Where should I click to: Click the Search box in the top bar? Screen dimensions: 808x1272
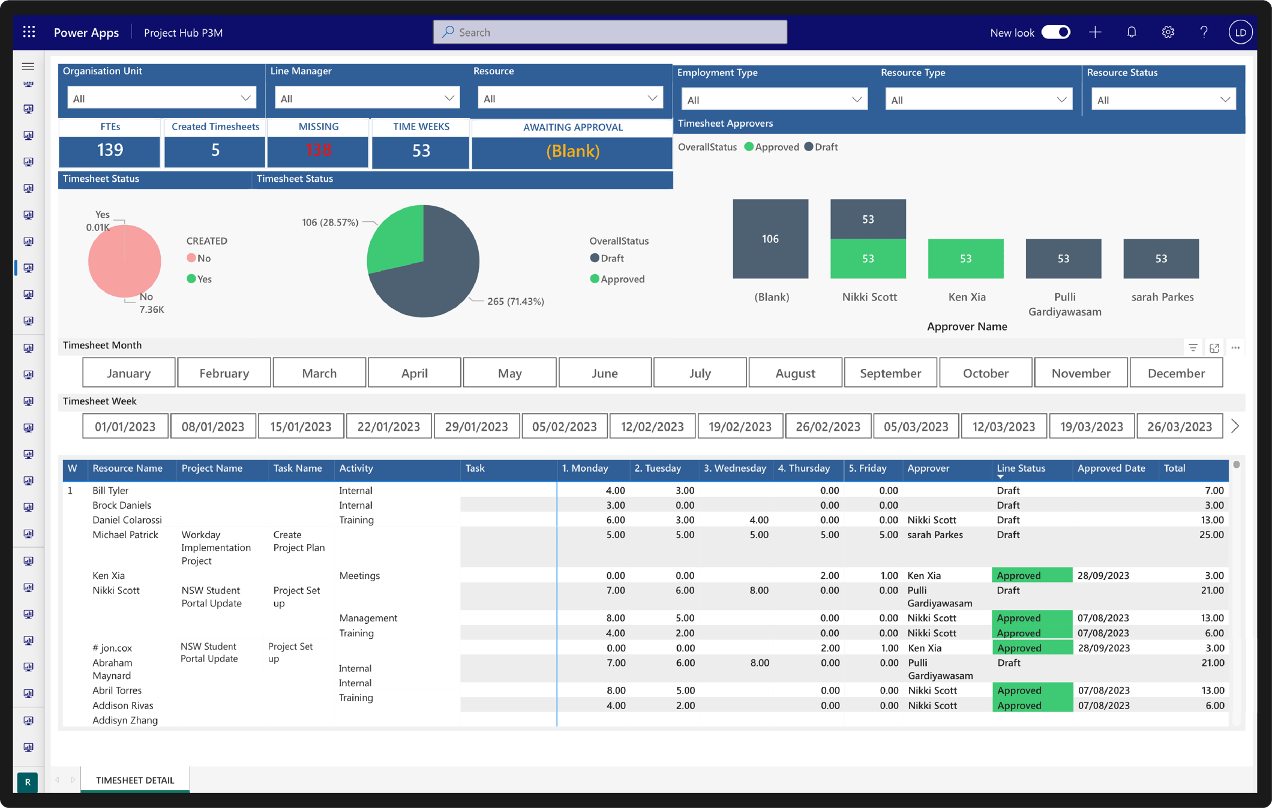pyautogui.click(x=610, y=32)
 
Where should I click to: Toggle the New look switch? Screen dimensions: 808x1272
pyautogui.click(x=1055, y=32)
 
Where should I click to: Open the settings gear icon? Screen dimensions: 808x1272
pyautogui.click(x=1168, y=32)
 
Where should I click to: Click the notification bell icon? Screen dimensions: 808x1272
pyautogui.click(x=1132, y=32)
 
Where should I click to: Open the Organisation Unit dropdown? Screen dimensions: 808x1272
pyautogui.click(x=161, y=98)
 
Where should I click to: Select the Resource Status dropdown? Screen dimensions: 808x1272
pyautogui.click(x=1163, y=100)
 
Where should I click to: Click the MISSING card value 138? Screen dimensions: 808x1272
pyautogui.click(x=318, y=151)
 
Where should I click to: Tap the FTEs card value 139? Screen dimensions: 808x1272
pyautogui.click(x=110, y=151)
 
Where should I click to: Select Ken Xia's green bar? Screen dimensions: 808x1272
pyautogui.click(x=965, y=259)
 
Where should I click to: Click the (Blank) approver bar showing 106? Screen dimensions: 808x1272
pyautogui.click(x=770, y=239)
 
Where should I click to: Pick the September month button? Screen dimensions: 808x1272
pyautogui.click(x=890, y=373)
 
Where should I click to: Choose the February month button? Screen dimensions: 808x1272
pyautogui.click(x=224, y=373)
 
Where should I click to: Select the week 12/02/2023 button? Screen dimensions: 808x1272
pyautogui.click(x=652, y=426)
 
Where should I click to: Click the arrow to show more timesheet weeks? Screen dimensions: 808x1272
pyautogui.click(x=1235, y=426)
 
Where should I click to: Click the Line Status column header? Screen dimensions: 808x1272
pyautogui.click(x=1021, y=468)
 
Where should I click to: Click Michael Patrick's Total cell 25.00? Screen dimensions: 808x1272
pyautogui.click(x=1211, y=534)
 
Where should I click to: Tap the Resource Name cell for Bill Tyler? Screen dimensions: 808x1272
pyautogui.click(x=110, y=491)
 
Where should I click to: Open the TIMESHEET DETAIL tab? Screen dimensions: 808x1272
pyautogui.click(x=135, y=780)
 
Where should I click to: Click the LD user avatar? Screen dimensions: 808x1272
pyautogui.click(x=1240, y=32)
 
